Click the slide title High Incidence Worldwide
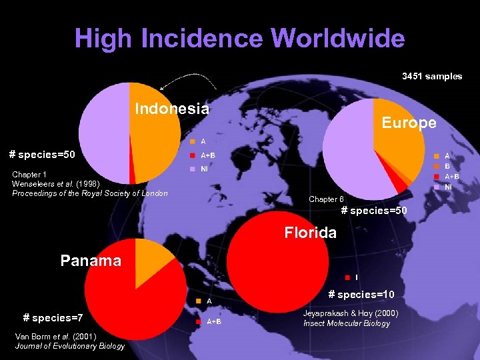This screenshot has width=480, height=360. tap(239, 38)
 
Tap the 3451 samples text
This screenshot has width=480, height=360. tap(431, 76)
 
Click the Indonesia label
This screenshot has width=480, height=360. tap(172, 109)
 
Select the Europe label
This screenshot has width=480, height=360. tap(409, 123)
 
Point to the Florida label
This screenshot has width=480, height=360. tap(310, 233)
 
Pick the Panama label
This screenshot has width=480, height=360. tap(91, 260)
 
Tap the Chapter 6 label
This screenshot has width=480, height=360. tap(326, 199)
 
